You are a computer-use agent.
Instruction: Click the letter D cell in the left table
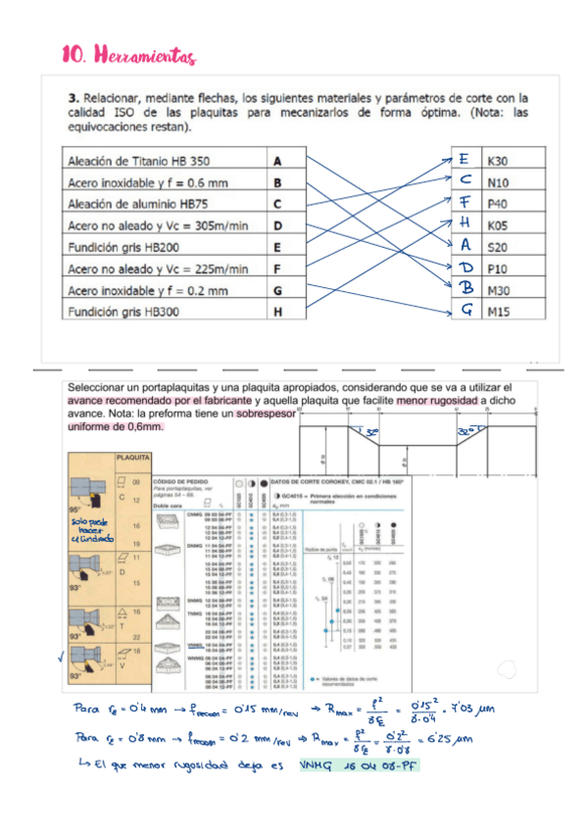coord(278,225)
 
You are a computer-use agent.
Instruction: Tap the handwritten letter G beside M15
coord(466,311)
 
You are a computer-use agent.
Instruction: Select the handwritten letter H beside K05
coord(465,223)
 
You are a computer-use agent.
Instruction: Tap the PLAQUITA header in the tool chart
coord(132,458)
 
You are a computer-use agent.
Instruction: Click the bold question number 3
coord(73,98)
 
